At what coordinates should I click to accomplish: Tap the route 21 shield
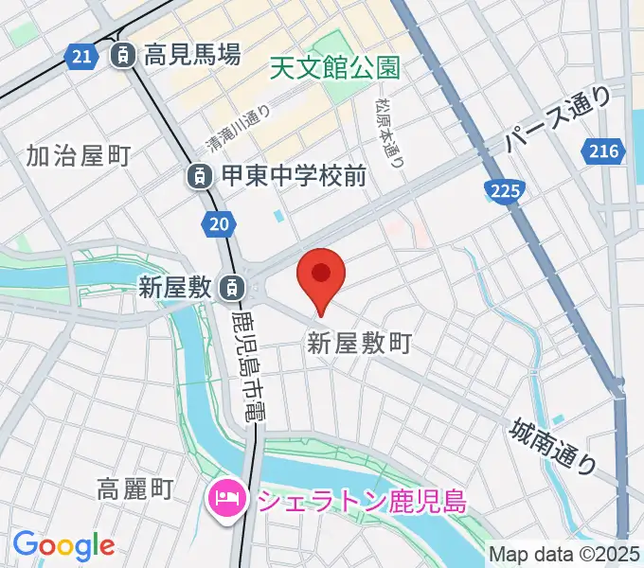82,57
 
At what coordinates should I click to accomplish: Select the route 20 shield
217,223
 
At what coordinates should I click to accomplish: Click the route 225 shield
505,192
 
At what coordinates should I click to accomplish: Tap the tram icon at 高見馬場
122,56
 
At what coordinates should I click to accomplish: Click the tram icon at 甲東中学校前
199,175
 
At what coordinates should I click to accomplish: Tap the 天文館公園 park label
334,67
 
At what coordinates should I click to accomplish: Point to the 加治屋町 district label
78,155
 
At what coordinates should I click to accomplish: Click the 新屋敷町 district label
359,344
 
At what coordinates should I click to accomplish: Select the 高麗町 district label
135,488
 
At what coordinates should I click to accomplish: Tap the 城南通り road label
553,446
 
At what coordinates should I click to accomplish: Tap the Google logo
63,545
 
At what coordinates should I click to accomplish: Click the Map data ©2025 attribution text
563,554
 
